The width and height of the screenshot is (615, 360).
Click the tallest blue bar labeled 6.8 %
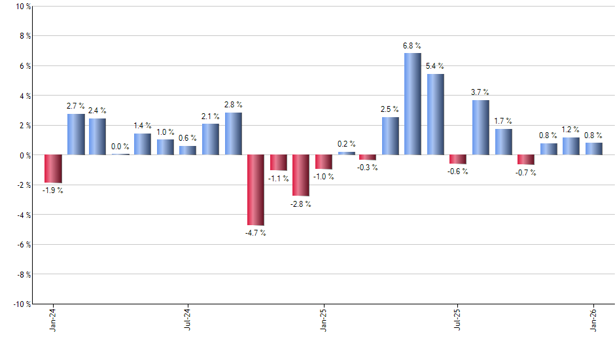pos(412,104)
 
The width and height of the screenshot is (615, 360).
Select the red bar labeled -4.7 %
pos(255,190)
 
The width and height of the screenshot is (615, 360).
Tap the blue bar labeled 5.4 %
pos(435,115)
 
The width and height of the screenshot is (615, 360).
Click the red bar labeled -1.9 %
pos(53,169)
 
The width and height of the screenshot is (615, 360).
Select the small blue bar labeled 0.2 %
pos(346,153)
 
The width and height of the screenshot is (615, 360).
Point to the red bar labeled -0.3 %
pos(368,157)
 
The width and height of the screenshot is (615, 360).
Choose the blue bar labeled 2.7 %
pos(75,135)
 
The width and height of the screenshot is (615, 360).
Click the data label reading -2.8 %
pos(300,204)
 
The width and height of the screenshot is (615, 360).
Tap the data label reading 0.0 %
pos(120,147)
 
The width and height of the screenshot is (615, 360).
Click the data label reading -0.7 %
pos(525,173)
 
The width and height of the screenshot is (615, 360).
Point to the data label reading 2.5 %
pos(391,109)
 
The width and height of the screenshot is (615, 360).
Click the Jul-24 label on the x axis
pos(188,318)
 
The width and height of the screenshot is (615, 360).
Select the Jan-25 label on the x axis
pos(323,318)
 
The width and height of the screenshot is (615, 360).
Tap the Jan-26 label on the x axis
pos(593,318)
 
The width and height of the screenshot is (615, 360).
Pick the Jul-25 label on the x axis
pos(458,318)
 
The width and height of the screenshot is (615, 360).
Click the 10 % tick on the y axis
pos(22,7)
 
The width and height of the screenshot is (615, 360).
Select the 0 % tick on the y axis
pos(24,156)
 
